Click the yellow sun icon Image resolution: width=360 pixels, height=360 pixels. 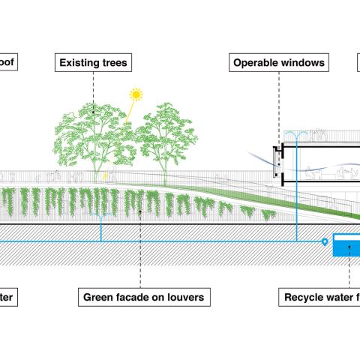coord(136,95)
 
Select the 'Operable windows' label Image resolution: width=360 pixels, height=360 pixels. coord(278,63)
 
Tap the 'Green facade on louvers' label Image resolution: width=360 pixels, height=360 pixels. coord(143,298)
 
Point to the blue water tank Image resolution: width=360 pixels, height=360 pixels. coord(346,245)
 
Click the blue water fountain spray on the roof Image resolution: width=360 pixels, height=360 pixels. coord(299,134)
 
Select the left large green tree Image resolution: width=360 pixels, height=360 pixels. coord(94,135)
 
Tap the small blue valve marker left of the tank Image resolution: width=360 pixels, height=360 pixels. coord(324,241)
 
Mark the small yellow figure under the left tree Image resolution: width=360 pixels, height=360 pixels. coord(106,176)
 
